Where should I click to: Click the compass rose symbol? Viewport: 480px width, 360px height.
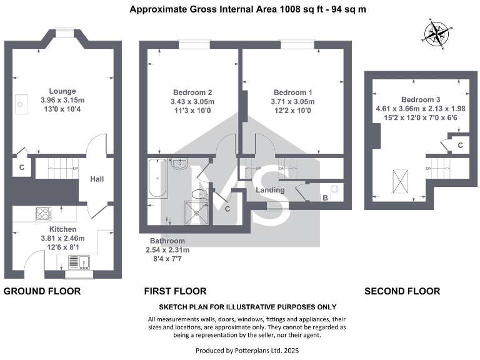437,34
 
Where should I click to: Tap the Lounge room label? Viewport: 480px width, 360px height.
62,91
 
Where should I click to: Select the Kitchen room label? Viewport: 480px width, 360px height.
62,229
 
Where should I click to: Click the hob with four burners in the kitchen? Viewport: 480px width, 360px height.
44,214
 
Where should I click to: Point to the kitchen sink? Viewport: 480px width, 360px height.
79,262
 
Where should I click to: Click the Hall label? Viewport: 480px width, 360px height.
97,179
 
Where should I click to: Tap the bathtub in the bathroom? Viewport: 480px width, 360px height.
157,178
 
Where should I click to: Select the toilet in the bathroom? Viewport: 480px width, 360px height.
200,194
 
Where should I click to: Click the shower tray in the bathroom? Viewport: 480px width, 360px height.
197,212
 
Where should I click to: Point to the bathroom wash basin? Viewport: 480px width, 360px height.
180,164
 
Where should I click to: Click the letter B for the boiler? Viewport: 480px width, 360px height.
326,197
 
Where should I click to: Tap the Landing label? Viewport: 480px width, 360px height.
270,190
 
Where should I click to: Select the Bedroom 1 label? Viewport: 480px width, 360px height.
293,92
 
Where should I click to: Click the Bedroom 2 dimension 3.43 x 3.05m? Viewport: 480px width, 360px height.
192,102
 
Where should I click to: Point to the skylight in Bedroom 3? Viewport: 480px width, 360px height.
400,181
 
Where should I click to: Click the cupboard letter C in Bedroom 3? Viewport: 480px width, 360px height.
460,146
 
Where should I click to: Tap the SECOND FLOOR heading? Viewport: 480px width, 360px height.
402,291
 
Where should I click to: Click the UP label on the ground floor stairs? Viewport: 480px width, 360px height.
75,169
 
